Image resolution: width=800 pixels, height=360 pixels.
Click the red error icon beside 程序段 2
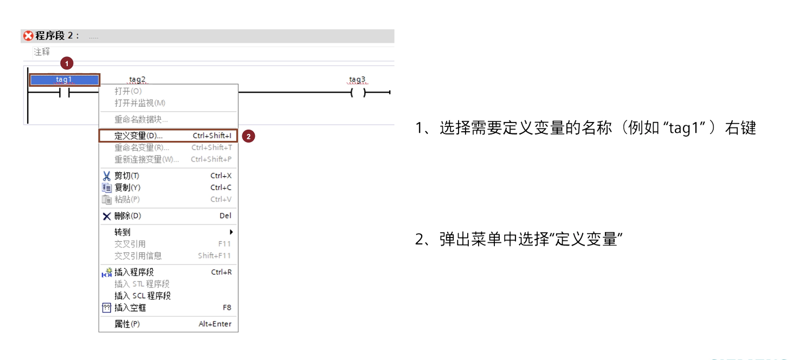(x=28, y=36)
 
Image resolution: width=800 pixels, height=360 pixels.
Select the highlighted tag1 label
(x=64, y=80)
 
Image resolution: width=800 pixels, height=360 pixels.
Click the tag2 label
(x=137, y=79)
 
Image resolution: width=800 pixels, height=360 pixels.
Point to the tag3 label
(x=357, y=79)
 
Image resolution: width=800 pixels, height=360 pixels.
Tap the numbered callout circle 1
(x=66, y=63)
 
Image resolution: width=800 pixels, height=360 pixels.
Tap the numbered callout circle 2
(x=248, y=136)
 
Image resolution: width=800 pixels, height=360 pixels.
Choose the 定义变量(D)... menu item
(x=139, y=136)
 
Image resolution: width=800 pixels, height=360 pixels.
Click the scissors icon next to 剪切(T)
(x=107, y=176)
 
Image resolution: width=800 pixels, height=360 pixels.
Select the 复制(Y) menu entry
(x=127, y=188)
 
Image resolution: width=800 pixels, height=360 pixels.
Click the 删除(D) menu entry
(x=128, y=216)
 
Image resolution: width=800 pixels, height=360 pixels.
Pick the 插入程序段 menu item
(x=134, y=272)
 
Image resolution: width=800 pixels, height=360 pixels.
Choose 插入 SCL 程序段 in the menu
(x=143, y=296)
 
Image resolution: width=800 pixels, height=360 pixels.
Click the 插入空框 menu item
(x=130, y=308)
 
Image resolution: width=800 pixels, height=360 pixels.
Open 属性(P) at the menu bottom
(x=127, y=324)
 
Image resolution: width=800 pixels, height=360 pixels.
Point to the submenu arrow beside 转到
(x=232, y=232)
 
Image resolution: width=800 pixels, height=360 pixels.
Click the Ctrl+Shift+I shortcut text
(x=212, y=136)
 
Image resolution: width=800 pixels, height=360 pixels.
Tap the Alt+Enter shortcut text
(x=215, y=324)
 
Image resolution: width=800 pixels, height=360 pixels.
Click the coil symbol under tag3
(x=358, y=93)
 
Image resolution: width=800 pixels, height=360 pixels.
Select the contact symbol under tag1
(x=64, y=93)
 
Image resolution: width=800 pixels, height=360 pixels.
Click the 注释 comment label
(x=42, y=52)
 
